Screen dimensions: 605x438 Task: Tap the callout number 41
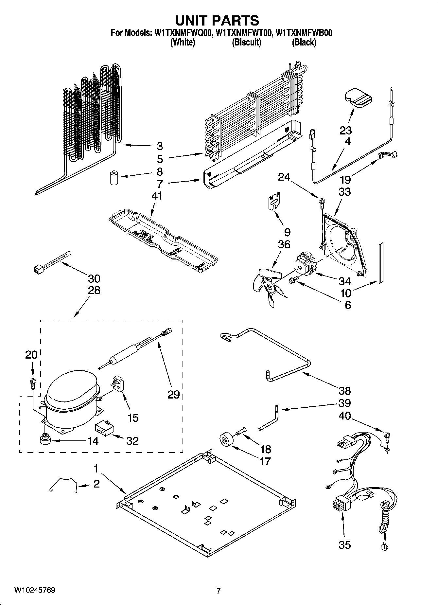(157, 196)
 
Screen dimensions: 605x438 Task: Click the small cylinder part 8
(114, 177)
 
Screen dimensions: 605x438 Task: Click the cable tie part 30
(52, 262)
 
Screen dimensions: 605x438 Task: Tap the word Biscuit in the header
(246, 43)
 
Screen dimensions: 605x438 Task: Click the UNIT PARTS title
(217, 20)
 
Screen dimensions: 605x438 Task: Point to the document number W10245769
(34, 590)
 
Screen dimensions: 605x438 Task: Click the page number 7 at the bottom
(218, 591)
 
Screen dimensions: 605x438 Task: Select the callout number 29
(174, 395)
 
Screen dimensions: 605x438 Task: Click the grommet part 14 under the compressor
(44, 439)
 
